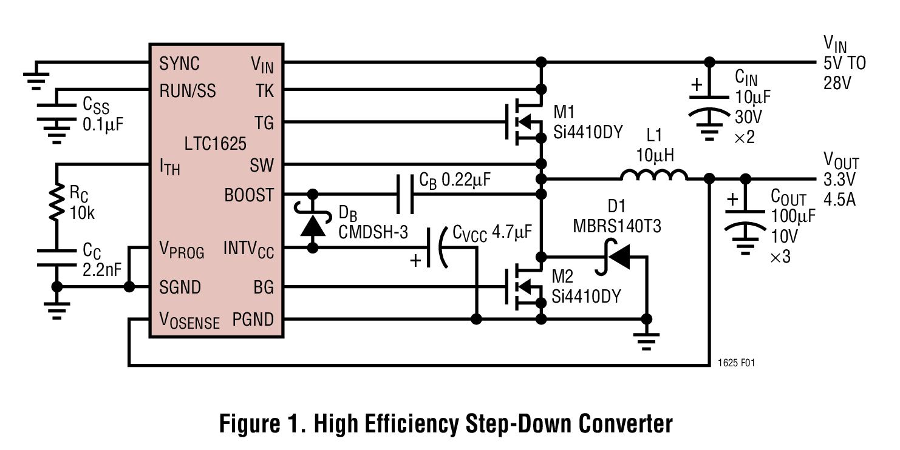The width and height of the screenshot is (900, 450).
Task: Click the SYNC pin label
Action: pyautogui.click(x=179, y=63)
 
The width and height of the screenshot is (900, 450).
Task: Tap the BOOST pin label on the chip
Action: pyautogui.click(x=249, y=195)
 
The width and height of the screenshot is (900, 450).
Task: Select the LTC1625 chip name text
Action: pyautogui.click(x=216, y=144)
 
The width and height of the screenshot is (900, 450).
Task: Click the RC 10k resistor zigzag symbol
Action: pyautogui.click(x=56, y=203)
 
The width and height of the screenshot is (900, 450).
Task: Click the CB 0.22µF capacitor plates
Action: pyautogui.click(x=405, y=195)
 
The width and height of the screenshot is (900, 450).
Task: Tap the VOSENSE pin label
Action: pyautogui.click(x=189, y=320)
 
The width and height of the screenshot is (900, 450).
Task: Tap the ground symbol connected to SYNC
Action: pyautogui.click(x=36, y=79)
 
